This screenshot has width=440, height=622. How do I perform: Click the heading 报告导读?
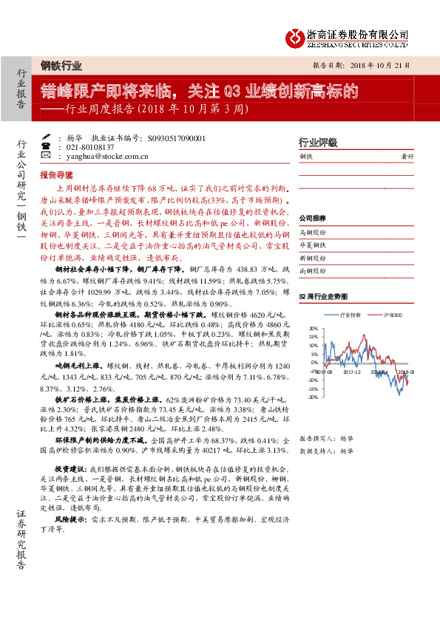(57, 176)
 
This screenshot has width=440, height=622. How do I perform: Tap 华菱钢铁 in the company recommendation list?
(312, 245)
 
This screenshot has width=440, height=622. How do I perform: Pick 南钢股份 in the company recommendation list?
(312, 271)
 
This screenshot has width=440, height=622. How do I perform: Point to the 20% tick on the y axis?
(313, 329)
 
